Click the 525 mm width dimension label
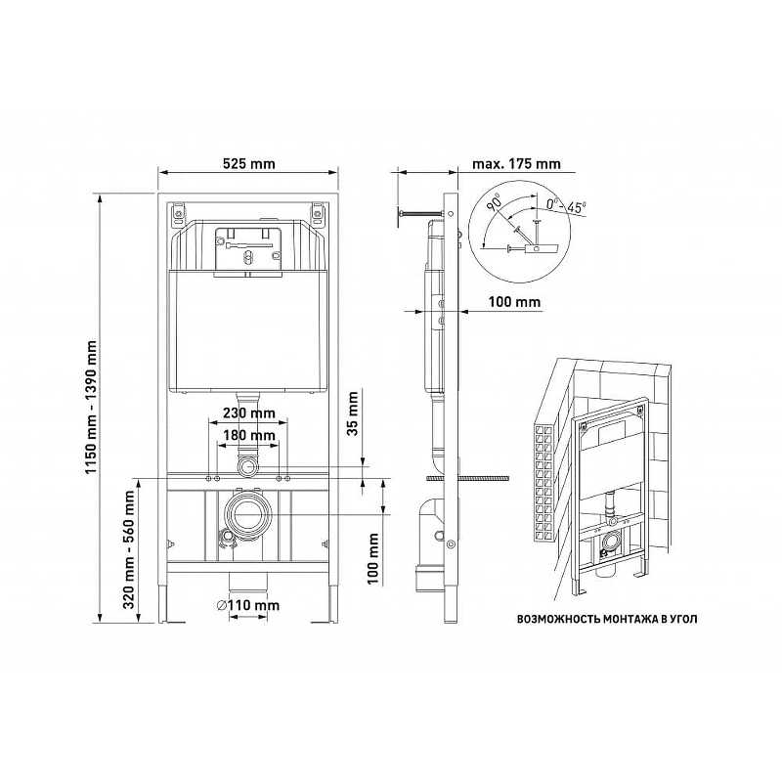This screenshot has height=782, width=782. pos(248,163)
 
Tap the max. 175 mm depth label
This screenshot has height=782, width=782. pos(516,163)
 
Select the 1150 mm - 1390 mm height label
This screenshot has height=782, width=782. pos(91,407)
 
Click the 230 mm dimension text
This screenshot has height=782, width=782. pos(249,413)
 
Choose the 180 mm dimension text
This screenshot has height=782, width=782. pos(249,435)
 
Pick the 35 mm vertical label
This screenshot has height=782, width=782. pos(353,413)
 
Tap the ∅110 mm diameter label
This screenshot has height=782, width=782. pos(248,605)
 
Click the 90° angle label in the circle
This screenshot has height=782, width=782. pos(496,202)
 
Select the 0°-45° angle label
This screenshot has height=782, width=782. pos(566,205)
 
